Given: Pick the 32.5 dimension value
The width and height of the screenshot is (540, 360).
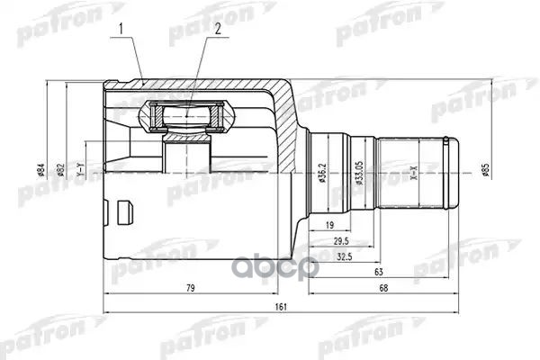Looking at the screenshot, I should (345, 258).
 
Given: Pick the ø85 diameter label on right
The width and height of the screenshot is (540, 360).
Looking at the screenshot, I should (485, 169).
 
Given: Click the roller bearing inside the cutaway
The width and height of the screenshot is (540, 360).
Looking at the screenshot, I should (187, 115).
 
